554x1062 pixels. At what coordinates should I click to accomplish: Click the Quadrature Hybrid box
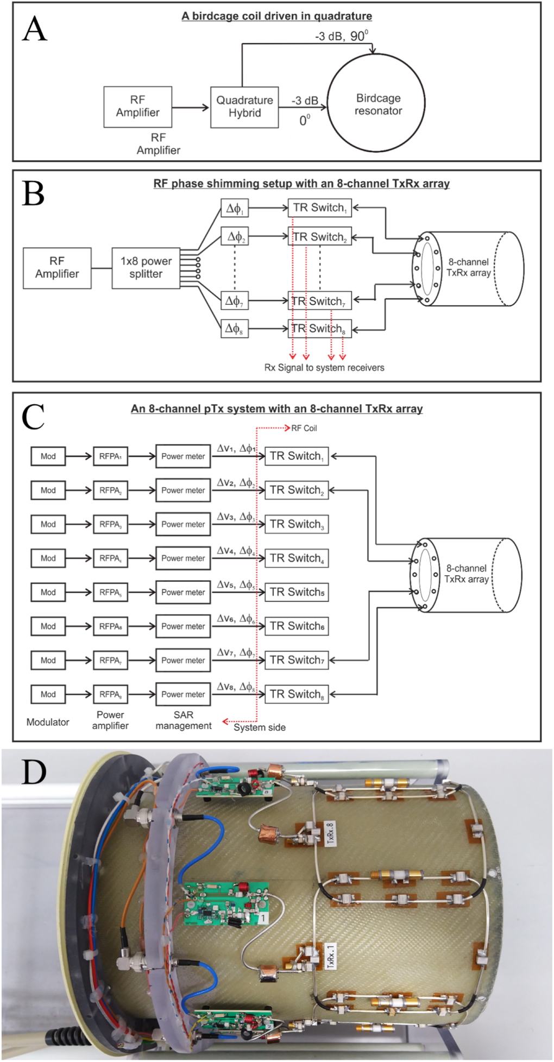(x=244, y=107)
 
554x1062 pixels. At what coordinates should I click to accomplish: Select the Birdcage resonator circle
(x=376, y=104)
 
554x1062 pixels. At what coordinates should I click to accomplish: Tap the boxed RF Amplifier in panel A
(x=137, y=106)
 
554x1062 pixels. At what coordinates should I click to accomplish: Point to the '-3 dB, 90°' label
(x=342, y=37)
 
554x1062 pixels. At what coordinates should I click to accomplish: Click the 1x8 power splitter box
(x=146, y=268)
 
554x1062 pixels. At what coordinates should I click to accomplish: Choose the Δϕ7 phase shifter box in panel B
(x=235, y=300)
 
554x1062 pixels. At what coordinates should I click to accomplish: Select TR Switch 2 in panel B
(x=319, y=236)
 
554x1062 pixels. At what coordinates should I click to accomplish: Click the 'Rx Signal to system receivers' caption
(x=324, y=368)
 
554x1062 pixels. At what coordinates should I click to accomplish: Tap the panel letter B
(x=33, y=193)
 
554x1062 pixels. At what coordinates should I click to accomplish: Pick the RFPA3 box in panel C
(x=110, y=524)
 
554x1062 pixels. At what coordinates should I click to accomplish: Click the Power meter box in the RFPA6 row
(x=183, y=626)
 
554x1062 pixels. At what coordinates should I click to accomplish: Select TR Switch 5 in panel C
(x=297, y=592)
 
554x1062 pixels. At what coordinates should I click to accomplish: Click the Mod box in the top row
(x=48, y=456)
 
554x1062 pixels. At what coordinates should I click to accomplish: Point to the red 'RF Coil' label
(x=304, y=429)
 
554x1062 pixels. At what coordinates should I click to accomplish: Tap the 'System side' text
(x=260, y=727)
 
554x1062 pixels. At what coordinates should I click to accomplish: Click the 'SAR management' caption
(x=184, y=720)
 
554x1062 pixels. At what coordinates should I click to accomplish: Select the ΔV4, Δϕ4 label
(x=236, y=551)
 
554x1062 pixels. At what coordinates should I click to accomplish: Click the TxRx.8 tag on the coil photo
(x=330, y=833)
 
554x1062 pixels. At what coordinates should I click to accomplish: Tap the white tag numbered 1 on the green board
(x=263, y=918)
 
